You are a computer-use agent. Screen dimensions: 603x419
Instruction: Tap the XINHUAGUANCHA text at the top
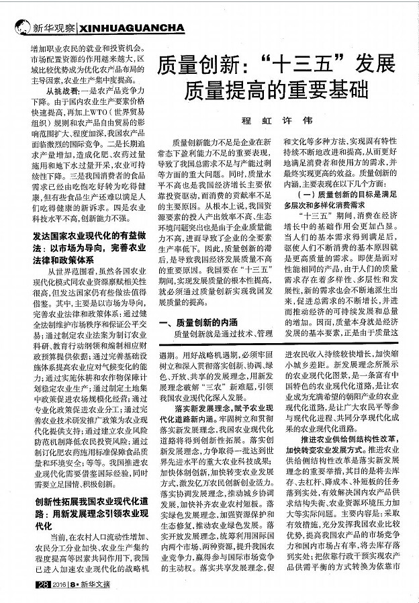(131, 29)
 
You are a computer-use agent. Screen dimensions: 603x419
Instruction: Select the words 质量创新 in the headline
(195, 65)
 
